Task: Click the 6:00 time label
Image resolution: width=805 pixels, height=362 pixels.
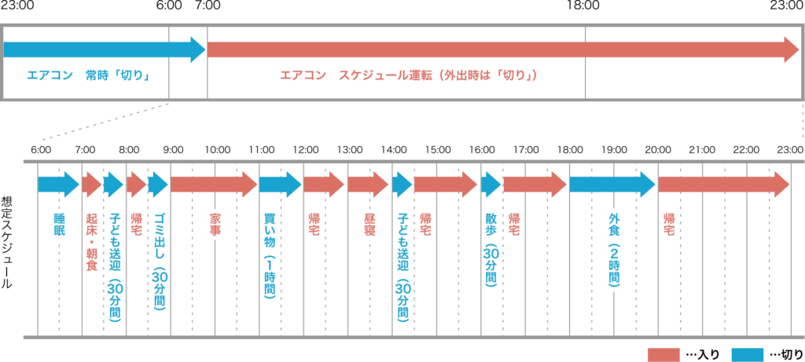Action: [x=41, y=149]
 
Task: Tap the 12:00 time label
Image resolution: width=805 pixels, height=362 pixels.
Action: [x=305, y=149]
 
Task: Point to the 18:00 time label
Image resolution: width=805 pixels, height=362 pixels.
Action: [x=569, y=149]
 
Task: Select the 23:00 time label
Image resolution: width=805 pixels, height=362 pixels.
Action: [x=789, y=149]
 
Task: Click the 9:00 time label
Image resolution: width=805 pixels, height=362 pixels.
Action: [x=173, y=149]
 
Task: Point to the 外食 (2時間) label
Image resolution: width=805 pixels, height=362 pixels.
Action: [x=614, y=250]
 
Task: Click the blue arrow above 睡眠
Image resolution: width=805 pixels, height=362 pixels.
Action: [x=58, y=185]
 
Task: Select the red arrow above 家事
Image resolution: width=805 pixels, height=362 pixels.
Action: [x=213, y=185]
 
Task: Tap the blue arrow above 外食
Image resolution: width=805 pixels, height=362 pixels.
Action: [x=612, y=185]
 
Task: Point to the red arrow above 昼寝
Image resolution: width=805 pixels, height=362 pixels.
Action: [x=368, y=185]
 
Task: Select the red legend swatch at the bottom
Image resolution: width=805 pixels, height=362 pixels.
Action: [x=663, y=354]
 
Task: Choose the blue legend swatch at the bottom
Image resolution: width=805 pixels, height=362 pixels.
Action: [x=747, y=354]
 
